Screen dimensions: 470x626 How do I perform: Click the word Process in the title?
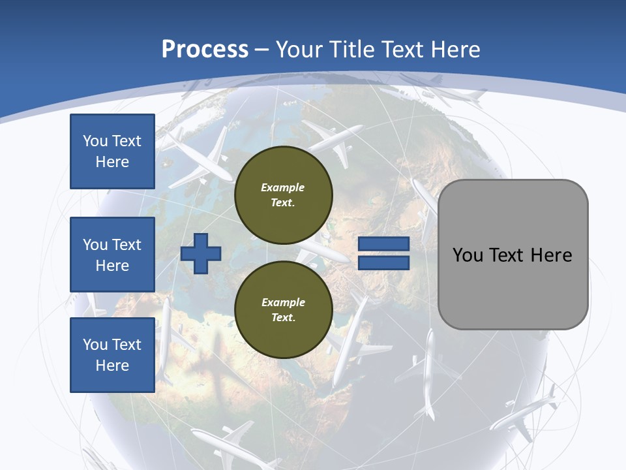pos(205,49)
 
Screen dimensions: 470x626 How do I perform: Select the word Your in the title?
pos(301,49)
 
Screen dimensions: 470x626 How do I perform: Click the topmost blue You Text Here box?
pos(112,151)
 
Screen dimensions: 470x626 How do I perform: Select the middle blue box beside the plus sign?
pos(112,255)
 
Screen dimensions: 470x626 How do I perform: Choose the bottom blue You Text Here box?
pos(112,355)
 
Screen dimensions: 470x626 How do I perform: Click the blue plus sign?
pos(201,253)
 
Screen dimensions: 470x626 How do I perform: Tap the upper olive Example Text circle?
pos(283,195)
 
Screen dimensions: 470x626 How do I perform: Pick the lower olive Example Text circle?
pos(283,309)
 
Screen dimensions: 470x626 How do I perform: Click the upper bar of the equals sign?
pos(383,244)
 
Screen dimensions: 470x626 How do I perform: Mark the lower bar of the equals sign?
pos(383,263)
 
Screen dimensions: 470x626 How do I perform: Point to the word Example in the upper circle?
pos(283,187)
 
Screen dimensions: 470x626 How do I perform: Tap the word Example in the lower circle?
pos(283,302)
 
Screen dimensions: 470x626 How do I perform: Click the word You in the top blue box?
pos(95,141)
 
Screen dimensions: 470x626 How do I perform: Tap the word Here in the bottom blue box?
pos(112,366)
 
